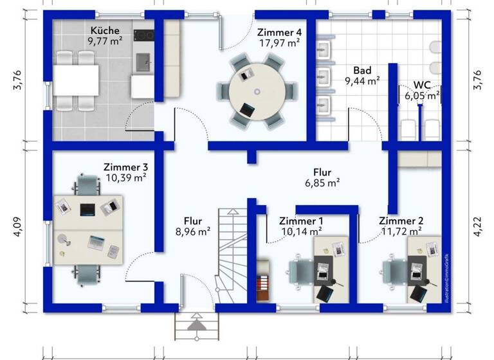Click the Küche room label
coord(105,30)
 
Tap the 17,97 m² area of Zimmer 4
coord(279,44)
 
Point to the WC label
coord(422,84)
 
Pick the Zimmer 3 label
coord(125,166)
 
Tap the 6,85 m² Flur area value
coord(322,183)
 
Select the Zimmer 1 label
coord(301,221)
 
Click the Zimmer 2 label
coord(400,221)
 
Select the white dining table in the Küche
coord(76,80)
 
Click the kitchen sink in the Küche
coord(143,63)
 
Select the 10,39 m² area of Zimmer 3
coord(125,177)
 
